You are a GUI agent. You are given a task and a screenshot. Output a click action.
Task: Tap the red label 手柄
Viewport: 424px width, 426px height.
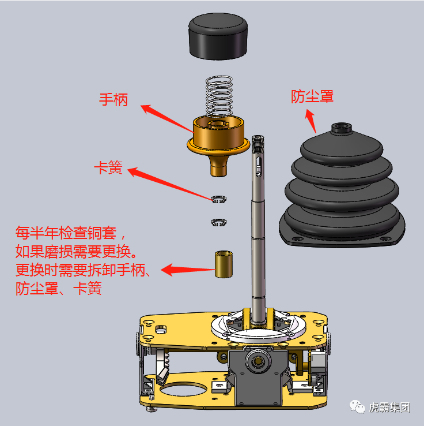[x=113, y=99]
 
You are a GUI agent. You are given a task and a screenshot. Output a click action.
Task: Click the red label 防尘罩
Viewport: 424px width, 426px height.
[x=312, y=96]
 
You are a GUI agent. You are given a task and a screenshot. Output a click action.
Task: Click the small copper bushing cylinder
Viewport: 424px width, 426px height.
[x=222, y=263]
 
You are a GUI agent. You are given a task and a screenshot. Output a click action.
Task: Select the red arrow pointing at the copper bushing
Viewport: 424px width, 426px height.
[x=184, y=269]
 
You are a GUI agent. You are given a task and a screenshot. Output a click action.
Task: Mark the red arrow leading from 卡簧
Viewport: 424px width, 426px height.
[x=171, y=184]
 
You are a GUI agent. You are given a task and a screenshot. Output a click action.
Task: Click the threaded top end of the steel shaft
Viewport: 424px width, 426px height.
[x=258, y=143]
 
